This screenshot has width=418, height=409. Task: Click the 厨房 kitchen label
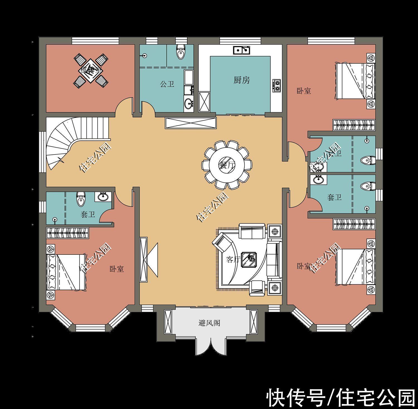point(242,80)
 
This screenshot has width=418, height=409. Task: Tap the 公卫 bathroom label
point(167,84)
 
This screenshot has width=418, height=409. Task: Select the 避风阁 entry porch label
point(209,323)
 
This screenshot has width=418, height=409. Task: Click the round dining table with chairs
point(227,165)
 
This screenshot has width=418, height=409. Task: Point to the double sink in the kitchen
point(242,50)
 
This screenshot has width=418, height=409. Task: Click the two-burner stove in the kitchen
point(277,85)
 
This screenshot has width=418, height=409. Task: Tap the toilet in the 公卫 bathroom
point(181,52)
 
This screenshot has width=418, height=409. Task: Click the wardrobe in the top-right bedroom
point(354,125)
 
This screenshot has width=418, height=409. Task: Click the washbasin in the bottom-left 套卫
point(104,197)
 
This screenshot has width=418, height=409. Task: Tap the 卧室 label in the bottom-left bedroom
point(117,269)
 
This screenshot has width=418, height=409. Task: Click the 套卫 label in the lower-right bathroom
point(334,197)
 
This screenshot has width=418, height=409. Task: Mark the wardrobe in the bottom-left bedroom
point(67,233)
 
